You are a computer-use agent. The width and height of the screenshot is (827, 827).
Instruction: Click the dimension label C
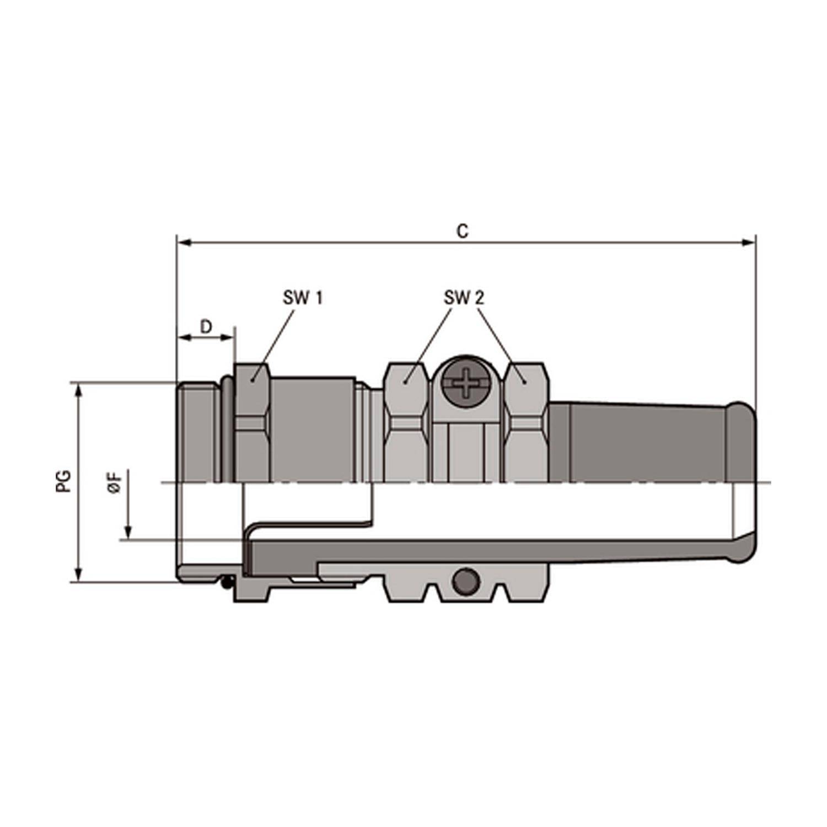point(463,231)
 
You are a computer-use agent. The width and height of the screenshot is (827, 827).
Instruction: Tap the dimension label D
point(206,327)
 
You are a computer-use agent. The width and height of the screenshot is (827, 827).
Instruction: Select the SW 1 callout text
point(303,298)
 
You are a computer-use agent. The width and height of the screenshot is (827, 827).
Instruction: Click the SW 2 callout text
point(464,298)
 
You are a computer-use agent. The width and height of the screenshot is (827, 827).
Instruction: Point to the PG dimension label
point(65,481)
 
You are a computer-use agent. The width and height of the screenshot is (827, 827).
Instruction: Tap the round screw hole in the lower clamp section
point(465,581)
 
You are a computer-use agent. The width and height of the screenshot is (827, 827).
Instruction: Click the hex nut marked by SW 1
point(252,422)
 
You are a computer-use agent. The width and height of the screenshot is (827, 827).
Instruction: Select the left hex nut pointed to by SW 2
point(406,422)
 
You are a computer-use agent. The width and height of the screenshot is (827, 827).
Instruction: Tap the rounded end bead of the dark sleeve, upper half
point(742,441)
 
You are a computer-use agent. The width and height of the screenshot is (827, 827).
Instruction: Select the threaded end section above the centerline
point(198,433)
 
